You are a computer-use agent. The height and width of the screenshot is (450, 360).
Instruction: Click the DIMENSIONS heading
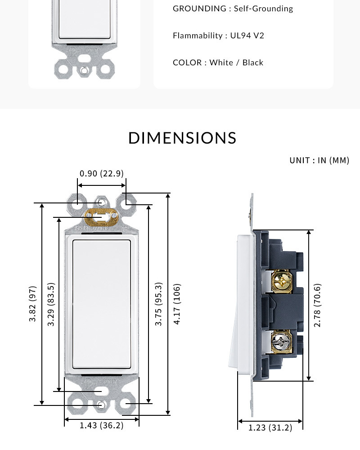(x=182, y=138)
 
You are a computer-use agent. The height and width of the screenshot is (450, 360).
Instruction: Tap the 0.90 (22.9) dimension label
(x=102, y=174)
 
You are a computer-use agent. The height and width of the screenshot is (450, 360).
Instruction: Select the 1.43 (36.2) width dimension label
(x=102, y=425)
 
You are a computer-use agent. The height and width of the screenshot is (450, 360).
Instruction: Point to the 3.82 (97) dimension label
(x=33, y=304)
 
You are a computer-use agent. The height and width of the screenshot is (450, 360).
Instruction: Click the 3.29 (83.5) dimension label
(x=51, y=304)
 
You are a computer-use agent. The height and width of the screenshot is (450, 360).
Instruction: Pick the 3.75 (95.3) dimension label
(x=158, y=304)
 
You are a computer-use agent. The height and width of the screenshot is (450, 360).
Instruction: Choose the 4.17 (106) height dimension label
(x=177, y=304)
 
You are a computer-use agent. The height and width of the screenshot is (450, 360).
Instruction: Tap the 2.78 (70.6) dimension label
(x=317, y=306)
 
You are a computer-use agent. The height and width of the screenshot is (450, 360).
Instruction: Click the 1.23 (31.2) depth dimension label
(x=270, y=428)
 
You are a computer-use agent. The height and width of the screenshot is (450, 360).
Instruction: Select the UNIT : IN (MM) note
(x=319, y=161)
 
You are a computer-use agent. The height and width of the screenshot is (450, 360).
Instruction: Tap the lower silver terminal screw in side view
(x=281, y=342)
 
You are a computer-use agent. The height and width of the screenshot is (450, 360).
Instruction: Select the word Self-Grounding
(x=264, y=9)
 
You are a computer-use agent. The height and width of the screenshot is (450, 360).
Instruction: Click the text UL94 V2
(x=247, y=36)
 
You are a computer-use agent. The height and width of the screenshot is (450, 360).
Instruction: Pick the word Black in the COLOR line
(x=253, y=63)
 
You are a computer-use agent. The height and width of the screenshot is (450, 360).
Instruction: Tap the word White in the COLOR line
(x=221, y=63)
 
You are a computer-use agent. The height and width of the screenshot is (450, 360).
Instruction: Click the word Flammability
(x=198, y=36)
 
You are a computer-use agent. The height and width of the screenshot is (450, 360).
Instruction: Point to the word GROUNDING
(x=199, y=9)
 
